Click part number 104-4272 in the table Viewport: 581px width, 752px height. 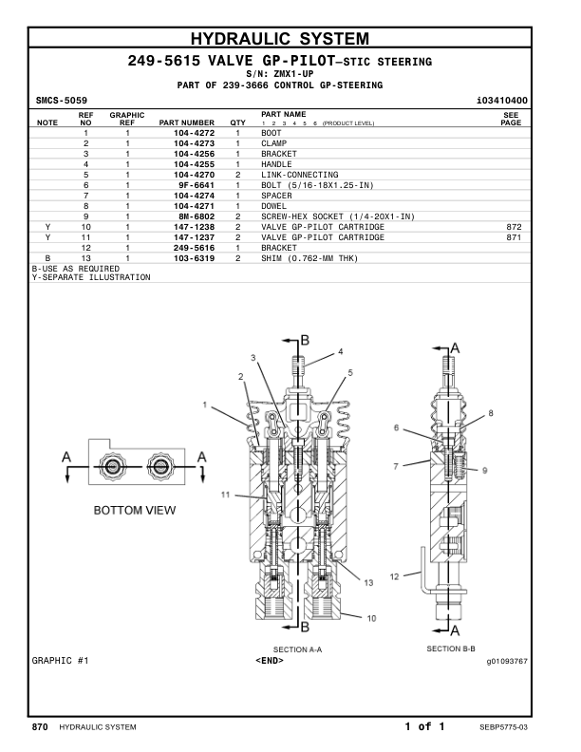tap(194, 133)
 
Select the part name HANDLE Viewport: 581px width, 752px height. tap(277, 164)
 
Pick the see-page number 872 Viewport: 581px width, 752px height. tap(515, 227)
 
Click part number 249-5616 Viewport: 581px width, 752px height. tap(194, 248)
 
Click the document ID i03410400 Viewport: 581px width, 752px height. tap(502, 100)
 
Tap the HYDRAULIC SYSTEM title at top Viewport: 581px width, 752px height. tap(291, 39)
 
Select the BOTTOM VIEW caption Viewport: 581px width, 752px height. tap(134, 511)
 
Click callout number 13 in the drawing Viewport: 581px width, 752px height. tap(368, 582)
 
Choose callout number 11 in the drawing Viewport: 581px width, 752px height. tap(226, 494)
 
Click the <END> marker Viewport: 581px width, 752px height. tap(270, 661)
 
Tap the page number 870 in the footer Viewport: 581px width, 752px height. tap(40, 727)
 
